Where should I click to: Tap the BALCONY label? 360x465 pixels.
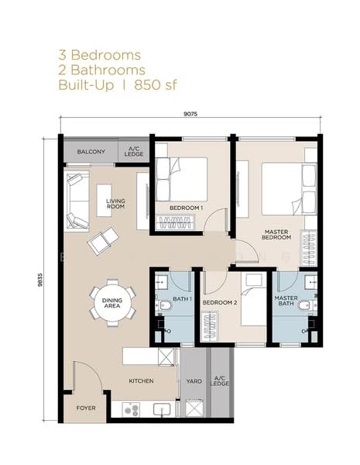click(x=91, y=151)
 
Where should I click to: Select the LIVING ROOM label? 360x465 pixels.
click(x=115, y=204)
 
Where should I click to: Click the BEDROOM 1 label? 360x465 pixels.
click(x=186, y=208)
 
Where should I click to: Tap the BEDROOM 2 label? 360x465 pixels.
click(x=219, y=303)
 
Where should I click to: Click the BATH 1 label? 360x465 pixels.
click(x=182, y=299)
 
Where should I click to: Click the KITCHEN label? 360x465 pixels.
click(x=142, y=381)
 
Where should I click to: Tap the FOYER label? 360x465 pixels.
click(x=85, y=408)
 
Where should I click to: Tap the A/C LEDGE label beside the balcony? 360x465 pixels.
click(x=134, y=151)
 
